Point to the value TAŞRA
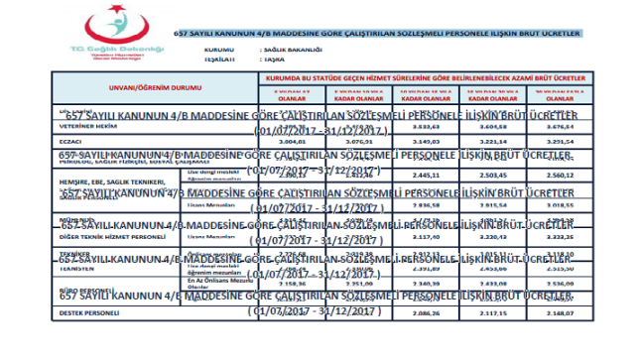[274, 58]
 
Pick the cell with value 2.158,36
[287, 283]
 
